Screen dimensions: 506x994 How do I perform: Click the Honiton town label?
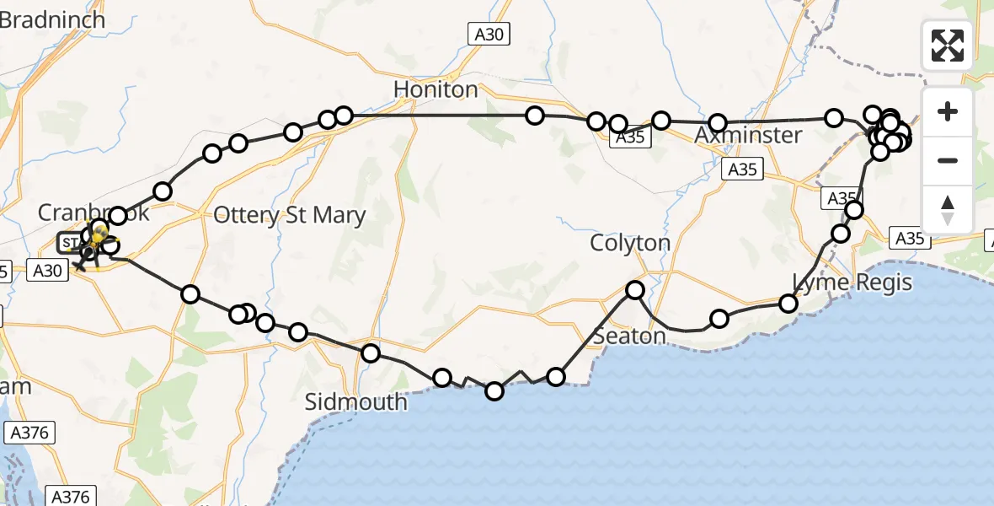tap(436, 89)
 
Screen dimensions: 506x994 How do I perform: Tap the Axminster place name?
tap(749, 136)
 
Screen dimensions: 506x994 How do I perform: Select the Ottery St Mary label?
tap(290, 215)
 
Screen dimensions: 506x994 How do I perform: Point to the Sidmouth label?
tap(355, 401)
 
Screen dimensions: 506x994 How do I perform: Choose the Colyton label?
tap(630, 243)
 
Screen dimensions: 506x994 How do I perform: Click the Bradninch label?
tap(52, 19)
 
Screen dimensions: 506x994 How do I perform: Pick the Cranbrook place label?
tap(93, 212)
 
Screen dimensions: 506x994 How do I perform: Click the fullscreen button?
tap(948, 45)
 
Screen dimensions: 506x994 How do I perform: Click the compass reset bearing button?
tap(948, 208)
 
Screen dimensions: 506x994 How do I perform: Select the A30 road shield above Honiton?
tap(489, 33)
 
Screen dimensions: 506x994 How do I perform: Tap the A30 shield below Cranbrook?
tap(47, 269)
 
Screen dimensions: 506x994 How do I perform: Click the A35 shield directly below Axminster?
tap(742, 170)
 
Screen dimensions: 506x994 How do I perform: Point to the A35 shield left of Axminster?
tap(631, 137)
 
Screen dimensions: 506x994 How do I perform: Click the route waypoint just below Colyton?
tap(634, 290)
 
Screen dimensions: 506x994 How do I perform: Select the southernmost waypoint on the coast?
tap(494, 390)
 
